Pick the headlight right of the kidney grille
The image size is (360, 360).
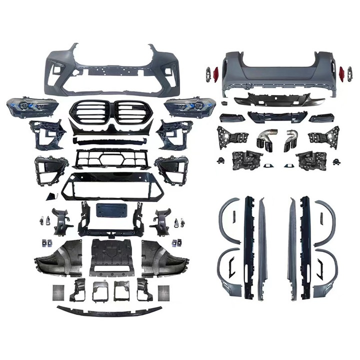tap(183, 106)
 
